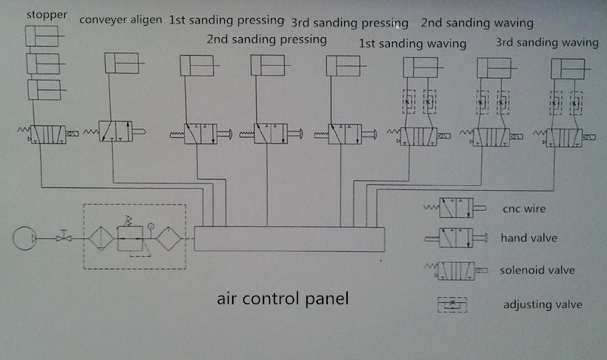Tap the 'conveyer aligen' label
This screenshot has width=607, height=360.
[120, 19]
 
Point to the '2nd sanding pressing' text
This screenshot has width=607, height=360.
[266, 39]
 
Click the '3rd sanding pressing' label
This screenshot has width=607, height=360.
[349, 24]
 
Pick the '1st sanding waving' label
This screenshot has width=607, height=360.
[412, 44]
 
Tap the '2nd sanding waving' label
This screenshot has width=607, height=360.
[476, 23]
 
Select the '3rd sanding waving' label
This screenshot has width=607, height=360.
[547, 42]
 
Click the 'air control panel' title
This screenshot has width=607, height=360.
[283, 299]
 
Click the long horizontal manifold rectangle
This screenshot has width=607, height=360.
[289, 239]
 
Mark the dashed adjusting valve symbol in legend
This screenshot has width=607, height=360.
[452, 304]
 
